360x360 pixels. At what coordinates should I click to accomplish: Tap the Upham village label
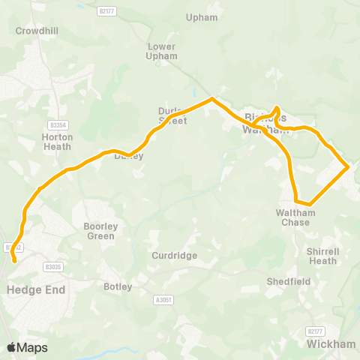tap(202, 17)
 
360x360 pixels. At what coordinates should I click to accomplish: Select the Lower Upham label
tap(161, 51)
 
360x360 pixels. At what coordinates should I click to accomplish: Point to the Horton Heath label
tap(57, 142)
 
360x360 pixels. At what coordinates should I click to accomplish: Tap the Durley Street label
tap(172, 115)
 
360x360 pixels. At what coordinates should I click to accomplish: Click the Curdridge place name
tap(174, 256)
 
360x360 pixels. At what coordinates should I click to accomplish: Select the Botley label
tap(118, 286)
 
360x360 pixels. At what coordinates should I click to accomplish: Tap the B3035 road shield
tap(52, 266)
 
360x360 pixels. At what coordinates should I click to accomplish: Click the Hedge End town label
tap(35, 289)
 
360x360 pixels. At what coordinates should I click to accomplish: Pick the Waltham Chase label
tap(295, 217)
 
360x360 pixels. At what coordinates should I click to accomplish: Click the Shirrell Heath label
tap(322, 256)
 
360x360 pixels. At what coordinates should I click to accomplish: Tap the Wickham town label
tap(331, 343)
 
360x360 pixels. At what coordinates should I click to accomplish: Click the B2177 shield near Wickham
tap(316, 331)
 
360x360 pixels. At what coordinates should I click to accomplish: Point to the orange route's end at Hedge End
tap(14, 262)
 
